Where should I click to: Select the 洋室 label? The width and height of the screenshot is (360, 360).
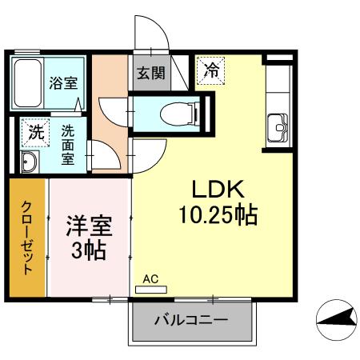pyautogui.click(x=88, y=225)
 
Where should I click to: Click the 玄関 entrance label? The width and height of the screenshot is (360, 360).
pyautogui.click(x=150, y=73)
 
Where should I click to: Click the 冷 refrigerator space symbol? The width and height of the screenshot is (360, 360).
pyautogui.click(x=211, y=70)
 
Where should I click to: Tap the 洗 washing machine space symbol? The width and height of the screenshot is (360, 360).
pyautogui.click(x=34, y=133)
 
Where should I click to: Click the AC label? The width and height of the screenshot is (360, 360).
pyautogui.click(x=150, y=279)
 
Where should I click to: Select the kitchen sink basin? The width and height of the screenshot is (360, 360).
pyautogui.click(x=278, y=126)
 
